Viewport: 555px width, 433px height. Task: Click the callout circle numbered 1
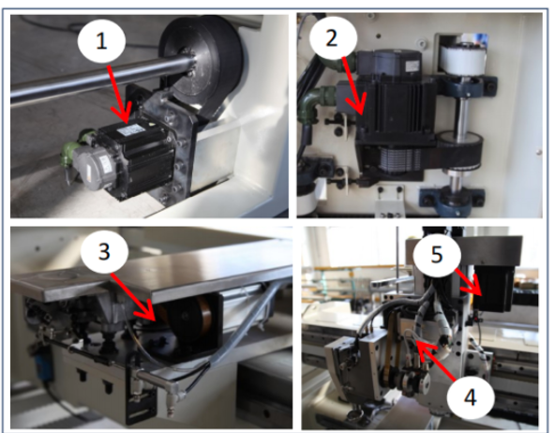click(x=101, y=41)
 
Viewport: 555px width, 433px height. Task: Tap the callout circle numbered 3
click(x=104, y=251)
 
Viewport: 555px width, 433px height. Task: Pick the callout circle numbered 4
click(x=471, y=397)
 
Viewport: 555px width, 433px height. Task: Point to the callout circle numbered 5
click(x=437, y=254)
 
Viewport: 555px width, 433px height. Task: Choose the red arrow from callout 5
click(x=469, y=282)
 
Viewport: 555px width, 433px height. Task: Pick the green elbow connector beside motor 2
click(x=312, y=102)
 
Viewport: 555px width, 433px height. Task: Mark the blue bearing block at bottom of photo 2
click(x=452, y=201)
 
